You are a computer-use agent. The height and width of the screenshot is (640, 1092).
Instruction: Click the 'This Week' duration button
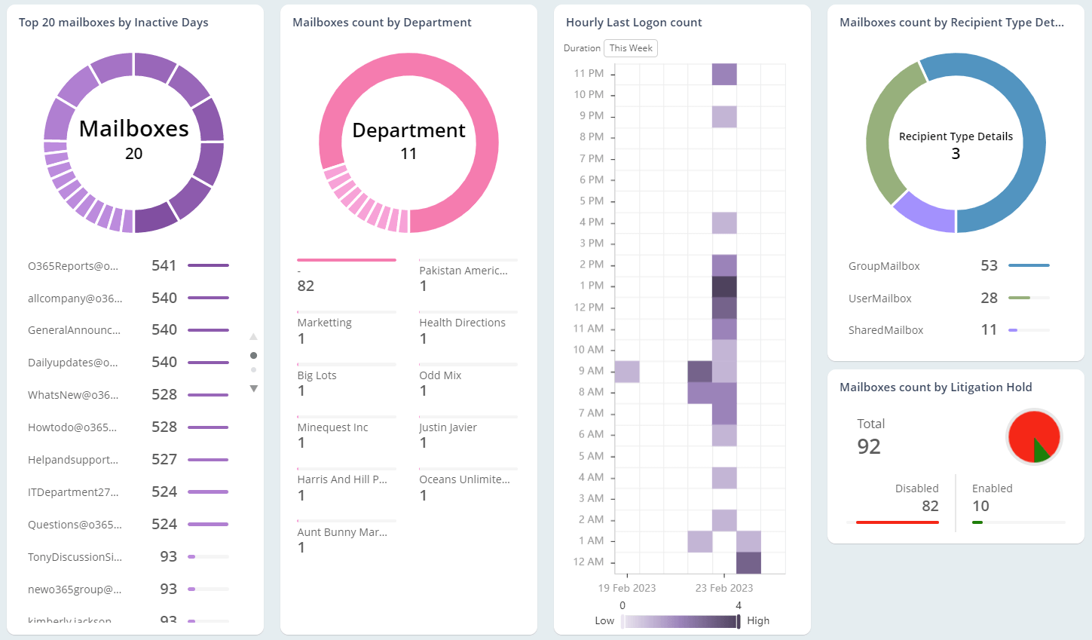[x=631, y=48]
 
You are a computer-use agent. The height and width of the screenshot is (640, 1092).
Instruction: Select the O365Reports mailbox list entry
[x=73, y=266]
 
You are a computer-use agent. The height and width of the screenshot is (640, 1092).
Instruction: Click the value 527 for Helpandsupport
[x=164, y=460]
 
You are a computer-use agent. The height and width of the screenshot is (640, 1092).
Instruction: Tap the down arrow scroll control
[x=254, y=389]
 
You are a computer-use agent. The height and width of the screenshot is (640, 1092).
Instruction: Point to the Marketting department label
[x=324, y=323]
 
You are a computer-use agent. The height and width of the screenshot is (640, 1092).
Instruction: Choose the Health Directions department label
[x=462, y=323]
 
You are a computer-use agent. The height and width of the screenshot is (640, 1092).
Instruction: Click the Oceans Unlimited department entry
[x=464, y=479]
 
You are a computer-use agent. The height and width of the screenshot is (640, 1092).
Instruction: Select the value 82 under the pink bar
[x=306, y=286]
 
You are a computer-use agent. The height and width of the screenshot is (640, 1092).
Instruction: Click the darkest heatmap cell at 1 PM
[x=724, y=286]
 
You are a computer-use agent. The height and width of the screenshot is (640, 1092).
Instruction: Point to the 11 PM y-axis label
[x=589, y=74]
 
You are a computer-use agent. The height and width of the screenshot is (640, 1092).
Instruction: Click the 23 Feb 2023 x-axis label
[x=723, y=588]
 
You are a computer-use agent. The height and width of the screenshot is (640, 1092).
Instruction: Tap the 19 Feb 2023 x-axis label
[x=627, y=588]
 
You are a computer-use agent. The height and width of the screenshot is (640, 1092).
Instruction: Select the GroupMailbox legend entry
[x=884, y=266]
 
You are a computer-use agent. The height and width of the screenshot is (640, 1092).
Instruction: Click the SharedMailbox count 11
[x=989, y=330]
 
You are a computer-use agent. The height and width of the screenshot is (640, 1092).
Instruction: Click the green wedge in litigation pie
[x=1041, y=450]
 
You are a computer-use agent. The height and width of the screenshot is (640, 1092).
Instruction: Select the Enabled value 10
[x=980, y=507]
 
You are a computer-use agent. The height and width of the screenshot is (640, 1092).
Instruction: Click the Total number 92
[x=869, y=446]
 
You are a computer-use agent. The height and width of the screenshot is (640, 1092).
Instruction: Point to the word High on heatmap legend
[x=758, y=621]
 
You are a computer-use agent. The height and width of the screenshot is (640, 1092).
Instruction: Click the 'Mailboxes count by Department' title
[x=382, y=23]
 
